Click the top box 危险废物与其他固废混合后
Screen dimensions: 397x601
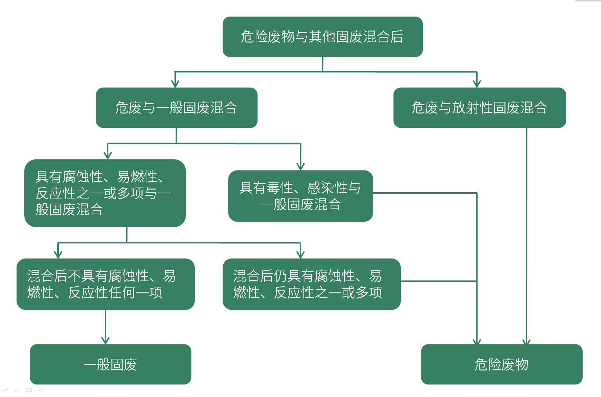pyautogui.click(x=322, y=37)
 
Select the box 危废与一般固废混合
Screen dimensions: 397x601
pyautogui.click(x=176, y=108)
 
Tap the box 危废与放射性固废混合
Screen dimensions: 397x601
pyautogui.click(x=479, y=108)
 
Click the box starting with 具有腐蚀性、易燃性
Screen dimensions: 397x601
pyautogui.click(x=105, y=193)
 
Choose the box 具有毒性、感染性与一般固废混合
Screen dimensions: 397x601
pyautogui.click(x=300, y=196)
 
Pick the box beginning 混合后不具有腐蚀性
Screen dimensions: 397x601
pyautogui.click(x=105, y=284)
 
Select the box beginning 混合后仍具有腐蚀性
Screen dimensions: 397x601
pyautogui.click(x=311, y=284)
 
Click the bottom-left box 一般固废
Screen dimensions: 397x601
pyautogui.click(x=110, y=364)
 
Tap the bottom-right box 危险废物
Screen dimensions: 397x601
pyautogui.click(x=501, y=364)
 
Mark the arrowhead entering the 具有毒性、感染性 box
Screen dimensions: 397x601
pyautogui.click(x=300, y=166)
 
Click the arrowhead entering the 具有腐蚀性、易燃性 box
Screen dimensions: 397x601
pyautogui.click(x=108, y=155)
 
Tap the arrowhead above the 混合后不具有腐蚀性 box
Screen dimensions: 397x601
pyautogui.click(x=58, y=254)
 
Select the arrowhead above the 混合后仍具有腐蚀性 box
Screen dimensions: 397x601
pyautogui.click(x=300, y=254)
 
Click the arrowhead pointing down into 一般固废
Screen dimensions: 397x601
pyautogui.click(x=105, y=340)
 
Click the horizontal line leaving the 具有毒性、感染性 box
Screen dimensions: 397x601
pyautogui.click(x=424, y=193)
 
